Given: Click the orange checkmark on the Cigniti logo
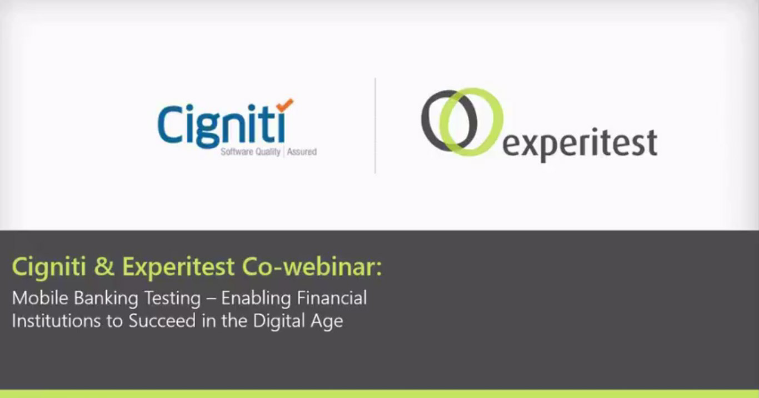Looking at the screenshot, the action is (x=285, y=105).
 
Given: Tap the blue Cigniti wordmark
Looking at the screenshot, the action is (x=222, y=126).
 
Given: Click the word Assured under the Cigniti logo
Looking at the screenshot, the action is (x=302, y=152).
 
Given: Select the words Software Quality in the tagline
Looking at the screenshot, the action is (x=251, y=152).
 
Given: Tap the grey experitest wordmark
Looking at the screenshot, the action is (x=580, y=143).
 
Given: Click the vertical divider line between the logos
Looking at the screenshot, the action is (x=375, y=125).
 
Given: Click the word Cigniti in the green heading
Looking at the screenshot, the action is (x=49, y=267).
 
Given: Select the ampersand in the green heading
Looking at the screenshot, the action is (x=104, y=266).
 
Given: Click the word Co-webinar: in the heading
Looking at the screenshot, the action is (x=312, y=266).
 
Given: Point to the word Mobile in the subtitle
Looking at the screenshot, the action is (x=40, y=298).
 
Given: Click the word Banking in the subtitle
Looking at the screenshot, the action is (x=106, y=299).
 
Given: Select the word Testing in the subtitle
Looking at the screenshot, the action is (x=172, y=299).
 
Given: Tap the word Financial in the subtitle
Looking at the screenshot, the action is (x=332, y=298).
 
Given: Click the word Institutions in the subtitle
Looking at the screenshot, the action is (x=56, y=321).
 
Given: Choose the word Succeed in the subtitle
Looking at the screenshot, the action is (x=162, y=321).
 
